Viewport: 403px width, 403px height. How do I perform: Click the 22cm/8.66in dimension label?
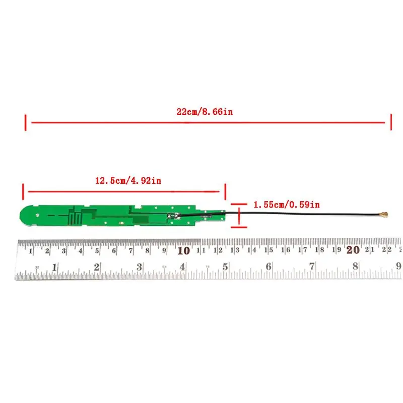(x=205, y=112)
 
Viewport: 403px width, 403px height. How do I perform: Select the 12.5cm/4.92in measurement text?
(x=128, y=180)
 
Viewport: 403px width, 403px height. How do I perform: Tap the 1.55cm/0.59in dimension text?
(x=286, y=205)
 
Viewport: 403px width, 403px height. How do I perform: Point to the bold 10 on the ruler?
(x=183, y=250)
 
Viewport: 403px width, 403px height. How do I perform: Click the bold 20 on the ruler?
(x=353, y=250)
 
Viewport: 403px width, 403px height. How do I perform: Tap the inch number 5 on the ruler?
(x=226, y=266)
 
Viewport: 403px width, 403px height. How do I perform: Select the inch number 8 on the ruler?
(x=355, y=266)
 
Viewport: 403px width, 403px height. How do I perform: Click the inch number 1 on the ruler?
(x=54, y=266)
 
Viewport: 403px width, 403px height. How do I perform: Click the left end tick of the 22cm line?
(x=25, y=122)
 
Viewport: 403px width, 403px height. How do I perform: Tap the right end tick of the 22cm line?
(x=390, y=122)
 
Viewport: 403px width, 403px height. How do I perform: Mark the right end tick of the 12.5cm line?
(x=225, y=191)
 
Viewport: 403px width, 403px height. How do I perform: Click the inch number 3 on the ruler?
(x=140, y=266)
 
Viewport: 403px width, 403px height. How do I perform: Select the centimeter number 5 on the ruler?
(x=98, y=250)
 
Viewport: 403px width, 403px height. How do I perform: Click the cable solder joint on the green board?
(x=171, y=216)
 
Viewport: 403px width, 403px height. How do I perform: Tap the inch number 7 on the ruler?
(x=312, y=266)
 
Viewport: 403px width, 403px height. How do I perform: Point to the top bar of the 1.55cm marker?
(x=239, y=205)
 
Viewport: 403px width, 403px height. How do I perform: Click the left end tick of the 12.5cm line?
(x=23, y=191)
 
